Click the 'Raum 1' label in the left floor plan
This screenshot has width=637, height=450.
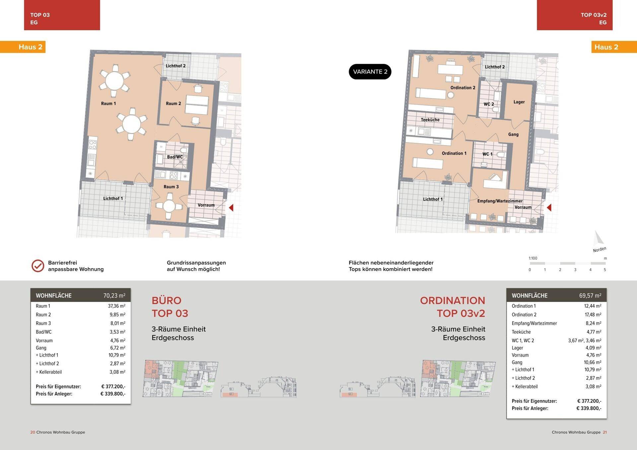pyautogui.click(x=108, y=103)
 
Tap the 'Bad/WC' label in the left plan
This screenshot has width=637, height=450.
pyautogui.click(x=175, y=157)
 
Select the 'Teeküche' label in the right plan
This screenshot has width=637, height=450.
pyautogui.click(x=430, y=120)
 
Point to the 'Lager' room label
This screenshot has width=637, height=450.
pyautogui.click(x=519, y=102)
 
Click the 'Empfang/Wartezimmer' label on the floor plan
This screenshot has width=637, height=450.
pyautogui.click(x=500, y=201)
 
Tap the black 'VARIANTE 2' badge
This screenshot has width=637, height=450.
pyautogui.click(x=370, y=72)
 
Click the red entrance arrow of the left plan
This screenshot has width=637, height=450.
pyautogui.click(x=231, y=208)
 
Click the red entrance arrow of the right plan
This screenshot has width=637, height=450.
pyautogui.click(x=549, y=208)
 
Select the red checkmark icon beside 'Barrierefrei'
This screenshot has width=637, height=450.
pyautogui.click(x=38, y=266)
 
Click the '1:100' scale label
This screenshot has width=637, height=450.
pyautogui.click(x=533, y=258)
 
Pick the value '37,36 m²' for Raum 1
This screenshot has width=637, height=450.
pyautogui.click(x=116, y=306)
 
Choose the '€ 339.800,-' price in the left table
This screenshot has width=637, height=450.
pyautogui.click(x=113, y=394)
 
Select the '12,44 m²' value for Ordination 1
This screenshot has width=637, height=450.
pyautogui.click(x=593, y=306)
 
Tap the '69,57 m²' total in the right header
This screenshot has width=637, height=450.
pyautogui.click(x=590, y=295)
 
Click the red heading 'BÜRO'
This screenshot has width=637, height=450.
pyautogui.click(x=167, y=300)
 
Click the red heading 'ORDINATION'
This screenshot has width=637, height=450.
pyautogui.click(x=453, y=300)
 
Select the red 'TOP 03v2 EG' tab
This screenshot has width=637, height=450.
pyautogui.click(x=575, y=15)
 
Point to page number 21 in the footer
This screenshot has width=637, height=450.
pyautogui.click(x=605, y=432)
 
